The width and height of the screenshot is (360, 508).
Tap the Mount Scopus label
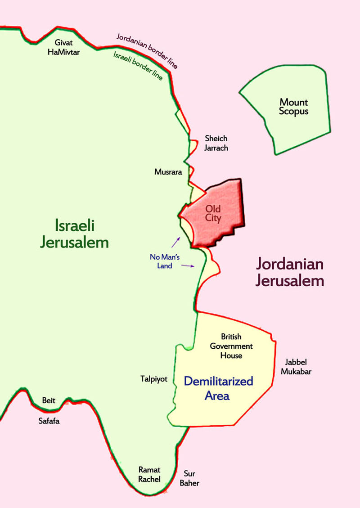293,107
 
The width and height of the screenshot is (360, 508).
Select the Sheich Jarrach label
216,143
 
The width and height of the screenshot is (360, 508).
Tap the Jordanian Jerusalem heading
290,272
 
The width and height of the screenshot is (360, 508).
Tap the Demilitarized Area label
219,388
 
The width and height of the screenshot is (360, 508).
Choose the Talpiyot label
154,379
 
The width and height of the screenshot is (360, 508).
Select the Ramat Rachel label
149,474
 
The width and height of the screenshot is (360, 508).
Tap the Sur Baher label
191,479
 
